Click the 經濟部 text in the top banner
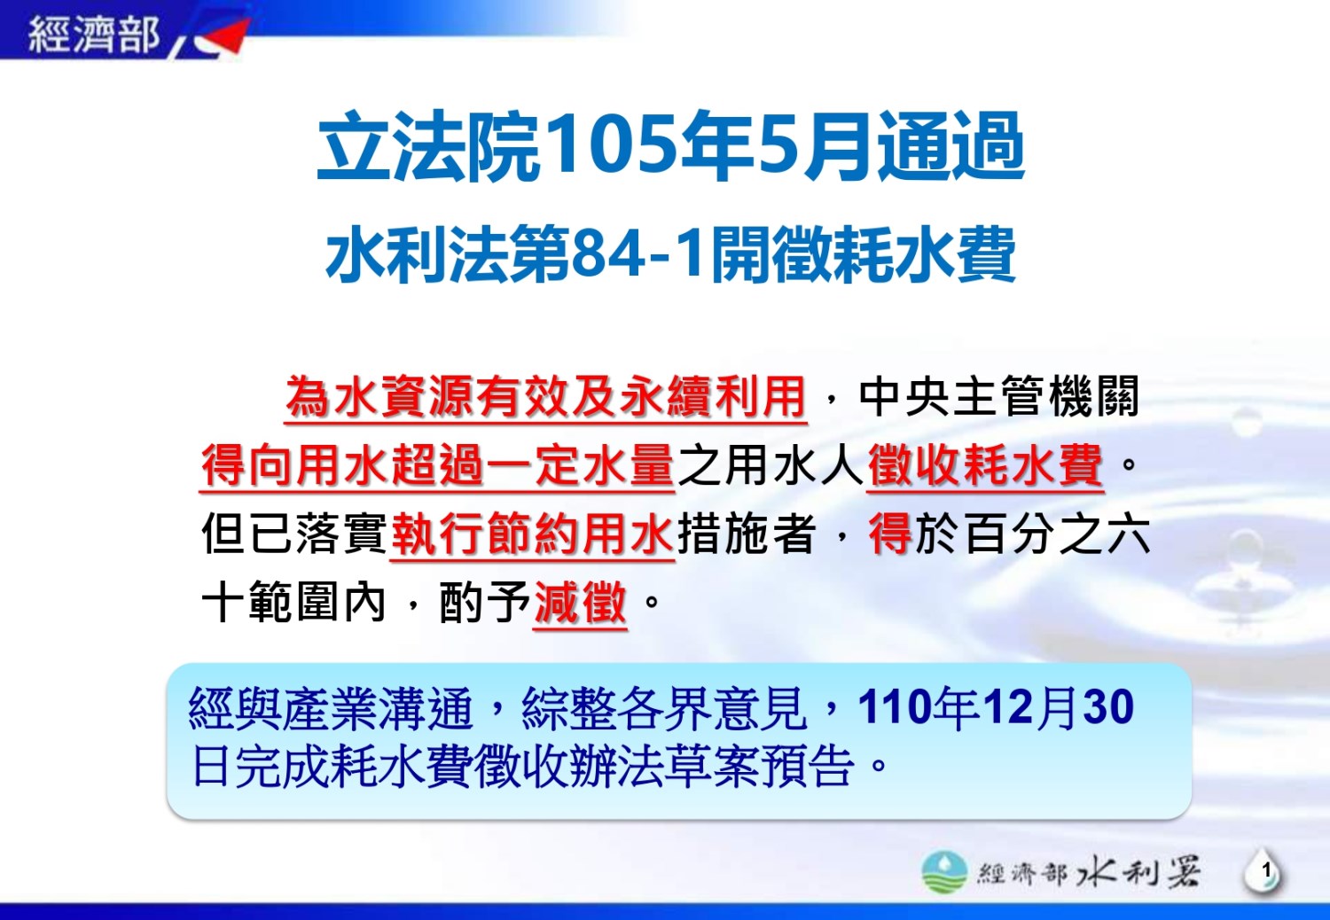[94, 34]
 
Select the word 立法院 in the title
[428, 146]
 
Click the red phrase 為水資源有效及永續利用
[545, 396]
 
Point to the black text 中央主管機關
[998, 396]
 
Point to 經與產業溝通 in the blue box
[331, 707]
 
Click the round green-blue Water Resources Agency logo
[943, 871]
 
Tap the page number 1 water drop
[1264, 871]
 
